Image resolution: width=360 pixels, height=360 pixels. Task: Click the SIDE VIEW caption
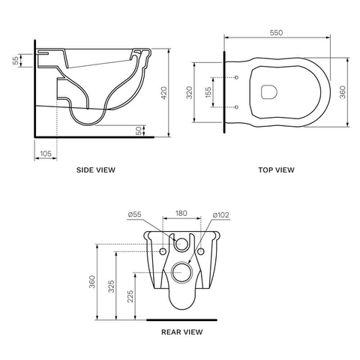tap(96, 170)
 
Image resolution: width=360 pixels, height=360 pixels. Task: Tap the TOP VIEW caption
tap(276, 170)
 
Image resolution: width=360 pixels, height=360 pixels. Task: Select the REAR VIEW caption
tap(181, 332)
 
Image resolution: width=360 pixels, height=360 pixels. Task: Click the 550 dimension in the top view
tap(276, 33)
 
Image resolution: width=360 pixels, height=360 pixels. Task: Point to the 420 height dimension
tap(164, 93)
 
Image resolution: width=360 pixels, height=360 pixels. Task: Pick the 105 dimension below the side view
tap(46, 154)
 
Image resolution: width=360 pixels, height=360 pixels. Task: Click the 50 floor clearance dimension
tap(139, 130)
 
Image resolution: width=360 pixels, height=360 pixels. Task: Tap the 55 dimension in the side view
tap(16, 60)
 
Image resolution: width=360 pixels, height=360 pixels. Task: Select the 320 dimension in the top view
tap(190, 92)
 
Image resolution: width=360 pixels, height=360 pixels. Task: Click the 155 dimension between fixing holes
tap(208, 92)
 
